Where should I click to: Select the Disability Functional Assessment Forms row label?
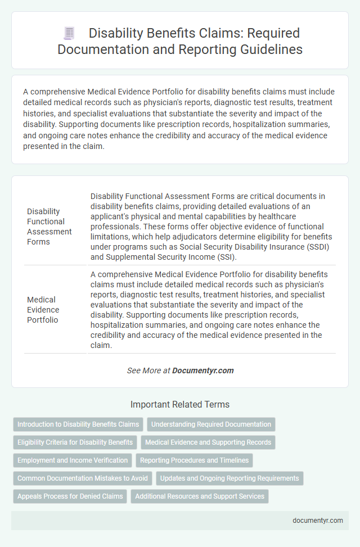coord(49,227)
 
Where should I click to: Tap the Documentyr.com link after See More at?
coord(202,370)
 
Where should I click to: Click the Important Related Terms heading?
coord(180,404)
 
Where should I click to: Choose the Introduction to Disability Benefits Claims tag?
coord(79,424)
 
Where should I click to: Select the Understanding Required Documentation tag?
coord(211,424)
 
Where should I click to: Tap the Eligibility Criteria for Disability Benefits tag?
coord(75,442)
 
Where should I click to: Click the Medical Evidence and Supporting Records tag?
coord(208,442)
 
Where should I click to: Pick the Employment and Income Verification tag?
coord(73,460)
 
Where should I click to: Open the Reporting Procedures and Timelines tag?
coord(194,460)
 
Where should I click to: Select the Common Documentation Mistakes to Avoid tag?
coord(83,478)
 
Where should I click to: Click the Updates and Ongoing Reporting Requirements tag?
coord(230,478)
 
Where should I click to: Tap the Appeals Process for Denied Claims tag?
coord(70,496)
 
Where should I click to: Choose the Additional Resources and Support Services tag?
coord(200,496)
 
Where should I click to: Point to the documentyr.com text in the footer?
coord(318,521)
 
